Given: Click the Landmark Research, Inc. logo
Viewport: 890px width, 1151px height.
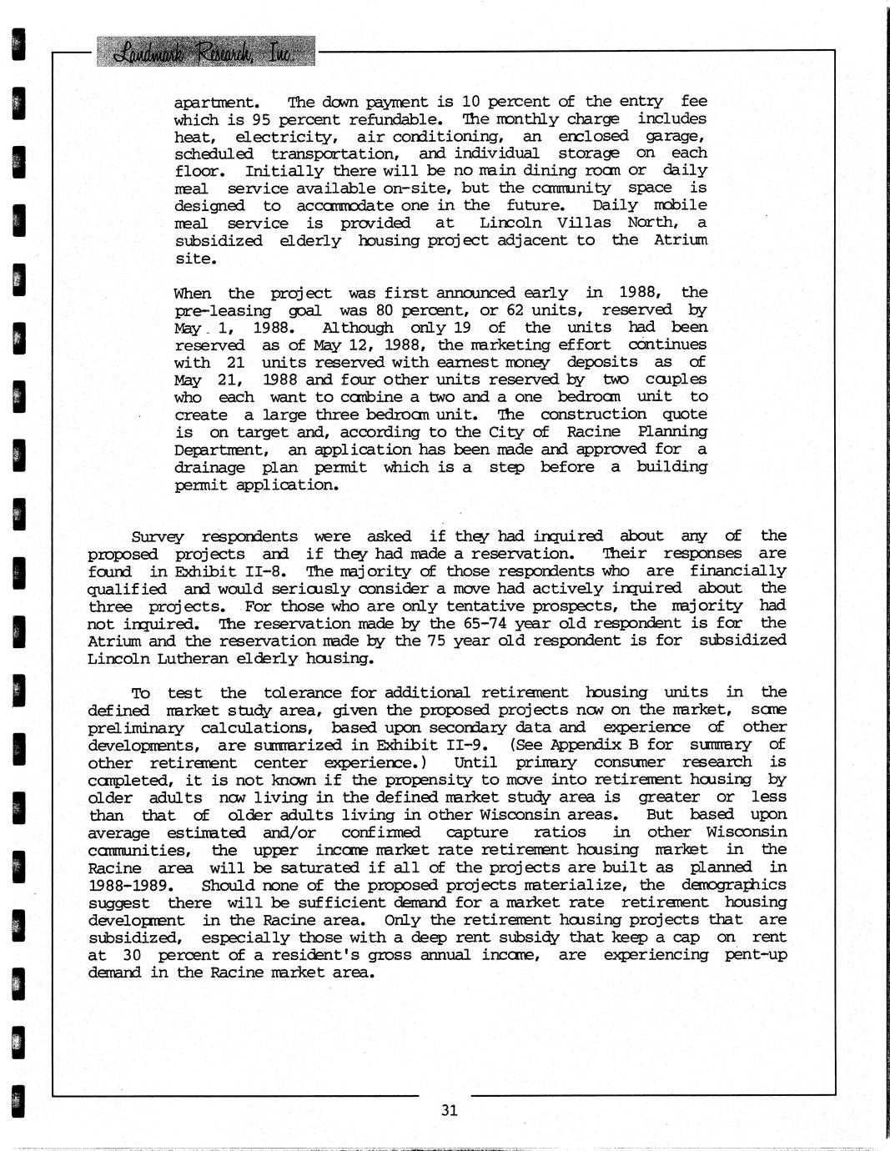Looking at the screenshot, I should pyautogui.click(x=206, y=53).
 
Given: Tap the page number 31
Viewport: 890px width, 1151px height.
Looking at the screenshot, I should pyautogui.click(x=450, y=1110).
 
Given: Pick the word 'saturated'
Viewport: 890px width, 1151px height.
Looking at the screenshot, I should pyautogui.click(x=269, y=867).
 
